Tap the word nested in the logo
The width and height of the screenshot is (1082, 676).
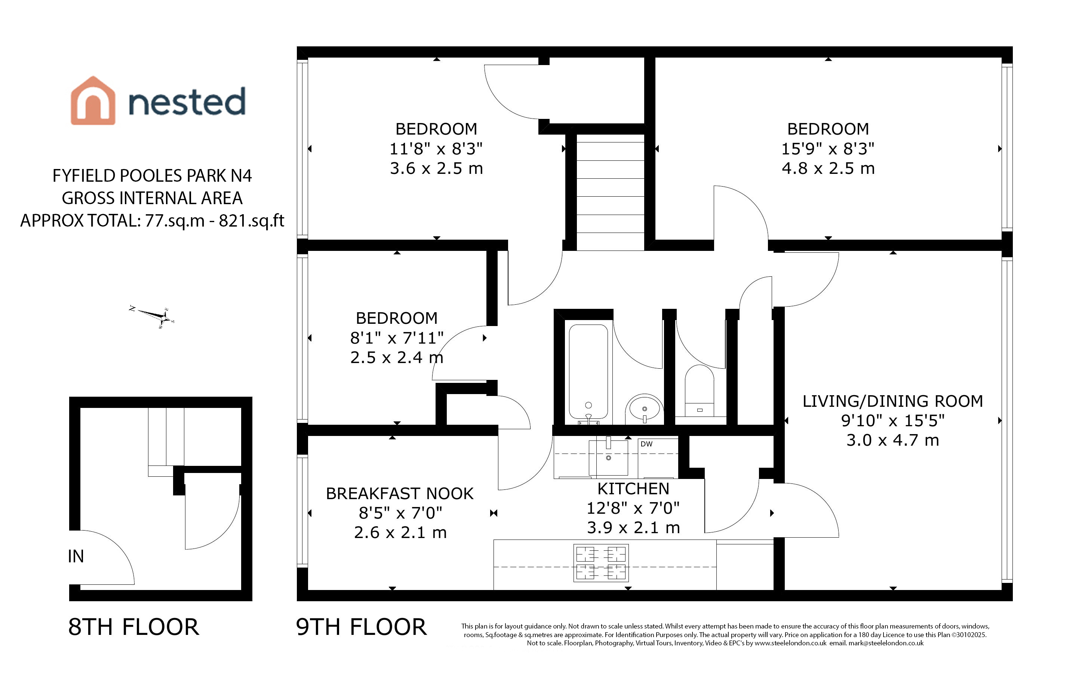coord(187,101)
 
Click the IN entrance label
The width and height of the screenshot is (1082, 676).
coord(76,556)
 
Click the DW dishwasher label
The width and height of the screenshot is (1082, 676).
coord(646,444)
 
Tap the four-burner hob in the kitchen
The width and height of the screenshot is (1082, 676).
coord(601,562)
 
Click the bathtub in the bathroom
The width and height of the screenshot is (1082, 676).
coord(588,372)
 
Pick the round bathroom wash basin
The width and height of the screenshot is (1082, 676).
coord(644,408)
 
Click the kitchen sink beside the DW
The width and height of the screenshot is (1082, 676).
coord(608,457)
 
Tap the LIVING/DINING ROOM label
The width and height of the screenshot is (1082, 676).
coord(892,401)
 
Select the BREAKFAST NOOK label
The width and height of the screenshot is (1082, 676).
coord(400,494)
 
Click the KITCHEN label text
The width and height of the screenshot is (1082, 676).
coord(633,489)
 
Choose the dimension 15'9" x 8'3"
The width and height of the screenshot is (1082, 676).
coord(828,148)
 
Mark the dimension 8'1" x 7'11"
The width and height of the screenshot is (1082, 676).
coord(397,338)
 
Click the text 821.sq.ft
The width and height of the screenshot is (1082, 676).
coord(252,221)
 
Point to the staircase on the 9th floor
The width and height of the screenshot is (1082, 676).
coord(610,192)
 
